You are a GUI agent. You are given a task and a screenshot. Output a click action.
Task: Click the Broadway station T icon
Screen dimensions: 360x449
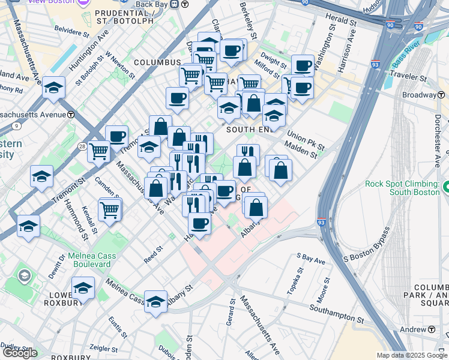click(x=441, y=95)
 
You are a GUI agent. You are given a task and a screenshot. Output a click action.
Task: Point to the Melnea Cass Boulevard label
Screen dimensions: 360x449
click(x=89, y=260)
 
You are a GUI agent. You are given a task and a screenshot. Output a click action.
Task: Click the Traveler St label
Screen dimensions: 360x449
click(x=407, y=77)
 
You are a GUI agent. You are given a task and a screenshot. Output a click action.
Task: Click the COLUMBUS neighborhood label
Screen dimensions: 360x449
click(x=157, y=62)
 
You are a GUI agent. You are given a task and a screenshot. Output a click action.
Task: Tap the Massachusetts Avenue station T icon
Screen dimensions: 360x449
click(x=71, y=114)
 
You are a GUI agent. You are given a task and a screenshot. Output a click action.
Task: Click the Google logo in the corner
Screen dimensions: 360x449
click(x=20, y=353)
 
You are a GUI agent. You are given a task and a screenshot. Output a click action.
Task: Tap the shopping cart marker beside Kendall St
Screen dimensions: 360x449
click(x=110, y=210)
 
